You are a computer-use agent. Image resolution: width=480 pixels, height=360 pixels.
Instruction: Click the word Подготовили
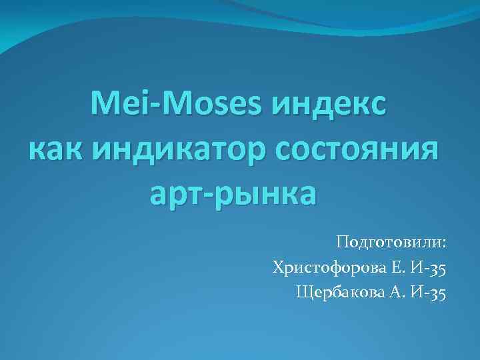[389, 241]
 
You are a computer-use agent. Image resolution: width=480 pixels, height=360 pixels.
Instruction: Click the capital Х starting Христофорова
[278, 268]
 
